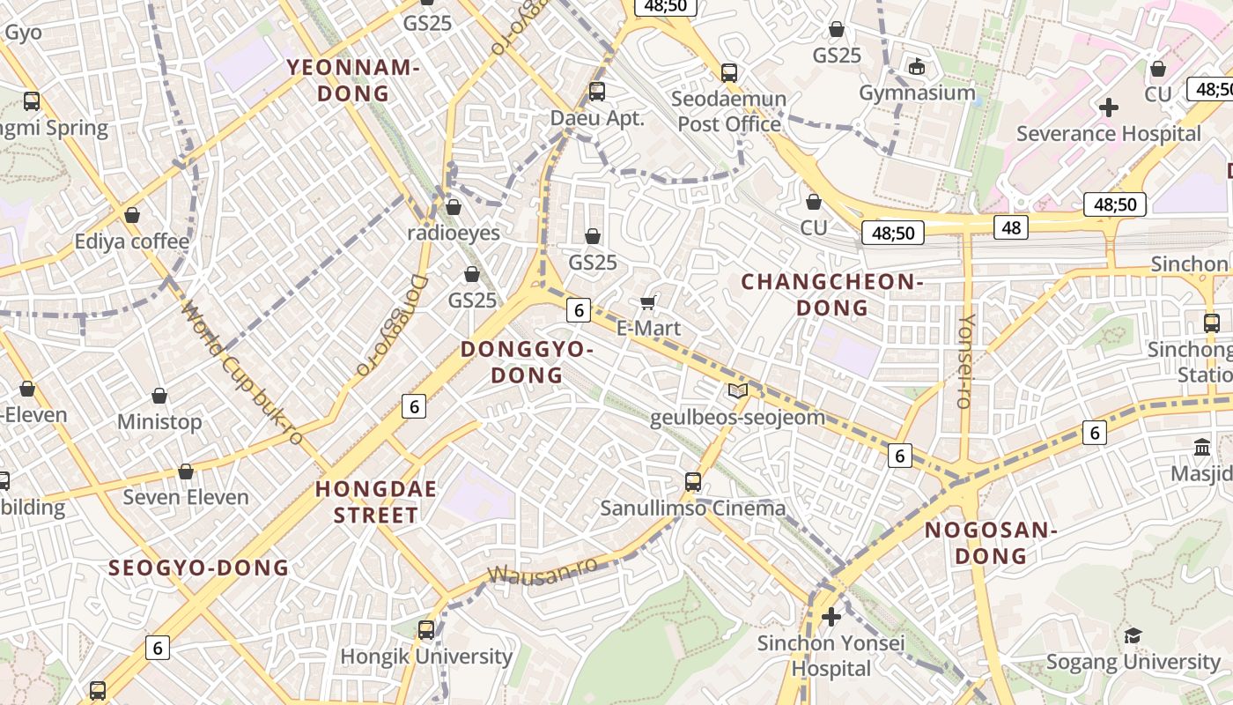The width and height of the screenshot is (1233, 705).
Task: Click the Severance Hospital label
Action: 1108,134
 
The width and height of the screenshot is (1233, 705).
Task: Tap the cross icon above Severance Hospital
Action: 1109,108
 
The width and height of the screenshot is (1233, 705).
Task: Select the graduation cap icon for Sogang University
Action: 1133,635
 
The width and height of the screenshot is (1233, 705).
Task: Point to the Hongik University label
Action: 426,657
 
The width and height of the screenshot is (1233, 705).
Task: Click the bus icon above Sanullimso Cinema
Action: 693,481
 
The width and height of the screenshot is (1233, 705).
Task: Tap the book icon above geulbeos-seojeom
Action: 737,390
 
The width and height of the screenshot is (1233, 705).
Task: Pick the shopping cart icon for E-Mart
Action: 648,303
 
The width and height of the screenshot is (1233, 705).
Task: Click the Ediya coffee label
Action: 132,241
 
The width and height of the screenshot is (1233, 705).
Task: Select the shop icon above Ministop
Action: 159,396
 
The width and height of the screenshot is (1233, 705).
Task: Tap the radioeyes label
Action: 454,234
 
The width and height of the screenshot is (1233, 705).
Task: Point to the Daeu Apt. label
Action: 597,118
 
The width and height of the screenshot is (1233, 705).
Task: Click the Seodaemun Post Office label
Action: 729,111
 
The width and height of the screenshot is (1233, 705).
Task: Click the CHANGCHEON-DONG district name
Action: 832,294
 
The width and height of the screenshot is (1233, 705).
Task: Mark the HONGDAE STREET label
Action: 376,502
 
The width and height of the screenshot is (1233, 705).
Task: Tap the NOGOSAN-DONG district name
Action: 991,543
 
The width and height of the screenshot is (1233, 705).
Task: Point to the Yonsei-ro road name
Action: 965,360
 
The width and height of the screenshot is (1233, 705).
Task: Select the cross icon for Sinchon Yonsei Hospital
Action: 831,617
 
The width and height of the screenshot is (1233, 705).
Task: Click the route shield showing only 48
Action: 1010,227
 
